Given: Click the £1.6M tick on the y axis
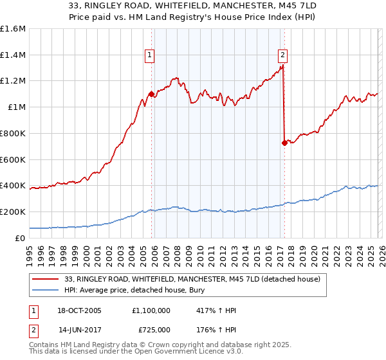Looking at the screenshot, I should [13, 29].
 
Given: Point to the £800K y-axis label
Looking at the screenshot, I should [13, 133].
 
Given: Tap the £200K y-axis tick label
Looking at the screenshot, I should [13, 212].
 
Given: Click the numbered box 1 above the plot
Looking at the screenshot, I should [150, 56].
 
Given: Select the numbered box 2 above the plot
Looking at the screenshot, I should [282, 56].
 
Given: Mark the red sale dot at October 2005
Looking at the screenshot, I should [151, 94].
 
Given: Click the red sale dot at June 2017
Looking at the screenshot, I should [284, 143].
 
